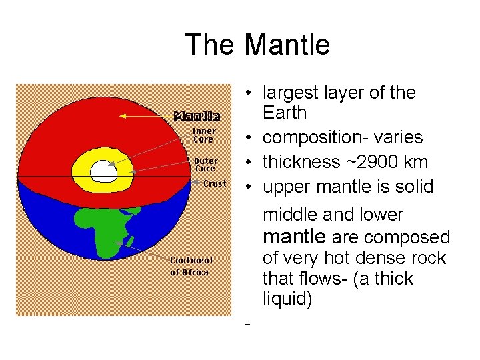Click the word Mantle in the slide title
click(x=287, y=45)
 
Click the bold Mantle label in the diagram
click(x=197, y=116)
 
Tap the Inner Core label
click(x=203, y=135)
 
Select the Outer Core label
click(x=205, y=165)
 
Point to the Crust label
click(x=215, y=183)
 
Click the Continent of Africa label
click(x=191, y=266)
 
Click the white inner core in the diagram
click(x=103, y=170)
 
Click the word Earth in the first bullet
click(x=285, y=113)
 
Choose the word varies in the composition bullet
click(x=399, y=137)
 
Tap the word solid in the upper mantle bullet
click(x=415, y=187)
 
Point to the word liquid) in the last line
click(x=287, y=299)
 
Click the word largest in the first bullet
click(x=288, y=93)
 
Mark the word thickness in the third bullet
click(x=299, y=162)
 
